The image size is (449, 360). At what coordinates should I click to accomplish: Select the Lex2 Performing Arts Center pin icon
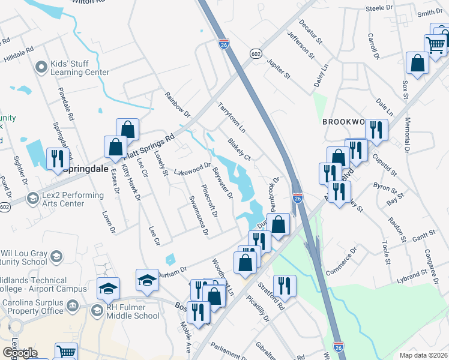tap(32, 199)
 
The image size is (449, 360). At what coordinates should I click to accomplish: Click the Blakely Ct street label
tap(238, 149)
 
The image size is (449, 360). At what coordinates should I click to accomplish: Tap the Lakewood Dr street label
tap(192, 169)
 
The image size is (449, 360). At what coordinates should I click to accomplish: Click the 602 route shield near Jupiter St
tap(255, 53)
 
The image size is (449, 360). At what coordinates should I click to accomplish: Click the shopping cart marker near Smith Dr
tap(436, 44)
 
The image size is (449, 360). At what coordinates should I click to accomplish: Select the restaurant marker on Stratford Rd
tap(283, 286)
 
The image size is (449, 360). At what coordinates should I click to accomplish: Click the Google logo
tap(19, 353)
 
